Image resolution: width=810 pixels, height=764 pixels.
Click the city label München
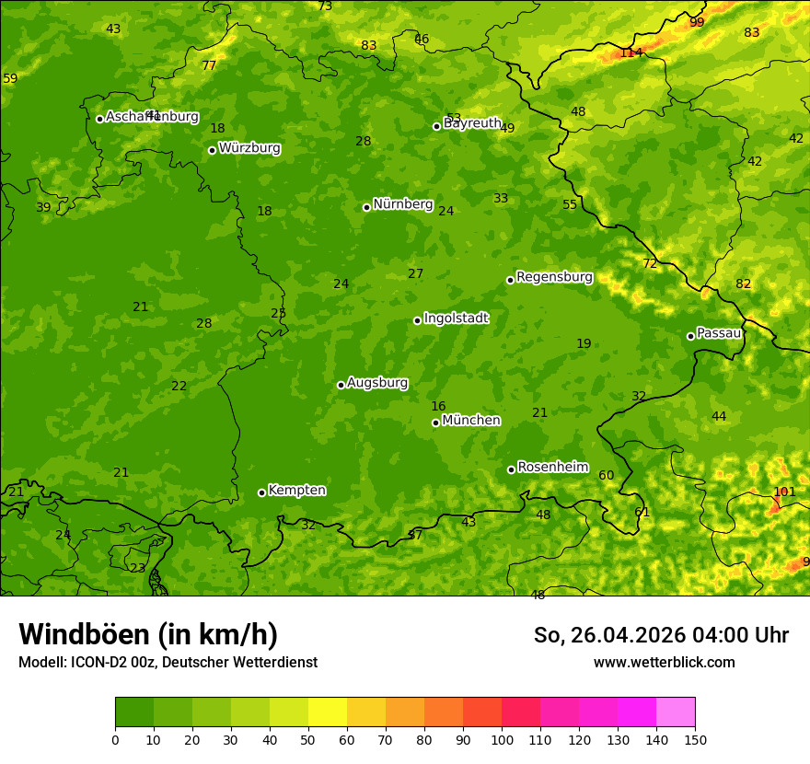(471, 421)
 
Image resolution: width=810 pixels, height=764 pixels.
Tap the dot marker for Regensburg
(510, 280)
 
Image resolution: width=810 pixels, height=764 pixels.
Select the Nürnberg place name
(402, 204)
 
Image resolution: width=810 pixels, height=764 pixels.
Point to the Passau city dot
(690, 336)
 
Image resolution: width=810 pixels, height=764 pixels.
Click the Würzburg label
(249, 148)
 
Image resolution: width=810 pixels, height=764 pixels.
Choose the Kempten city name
(296, 491)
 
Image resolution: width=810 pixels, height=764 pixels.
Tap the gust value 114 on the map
(631, 52)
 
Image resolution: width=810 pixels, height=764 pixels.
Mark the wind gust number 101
(783, 492)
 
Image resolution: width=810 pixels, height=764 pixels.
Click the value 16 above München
(438, 406)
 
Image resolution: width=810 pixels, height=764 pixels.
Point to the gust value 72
(650, 263)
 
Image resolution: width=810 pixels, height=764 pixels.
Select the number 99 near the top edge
(697, 22)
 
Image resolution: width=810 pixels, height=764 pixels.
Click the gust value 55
(570, 204)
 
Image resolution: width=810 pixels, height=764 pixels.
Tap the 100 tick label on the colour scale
(502, 740)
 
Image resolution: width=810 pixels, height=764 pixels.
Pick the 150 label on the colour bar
(695, 740)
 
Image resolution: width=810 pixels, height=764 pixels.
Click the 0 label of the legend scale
(115, 740)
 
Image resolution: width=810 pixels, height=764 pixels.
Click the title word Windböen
(84, 634)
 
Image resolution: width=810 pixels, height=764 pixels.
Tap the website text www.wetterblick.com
(664, 662)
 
